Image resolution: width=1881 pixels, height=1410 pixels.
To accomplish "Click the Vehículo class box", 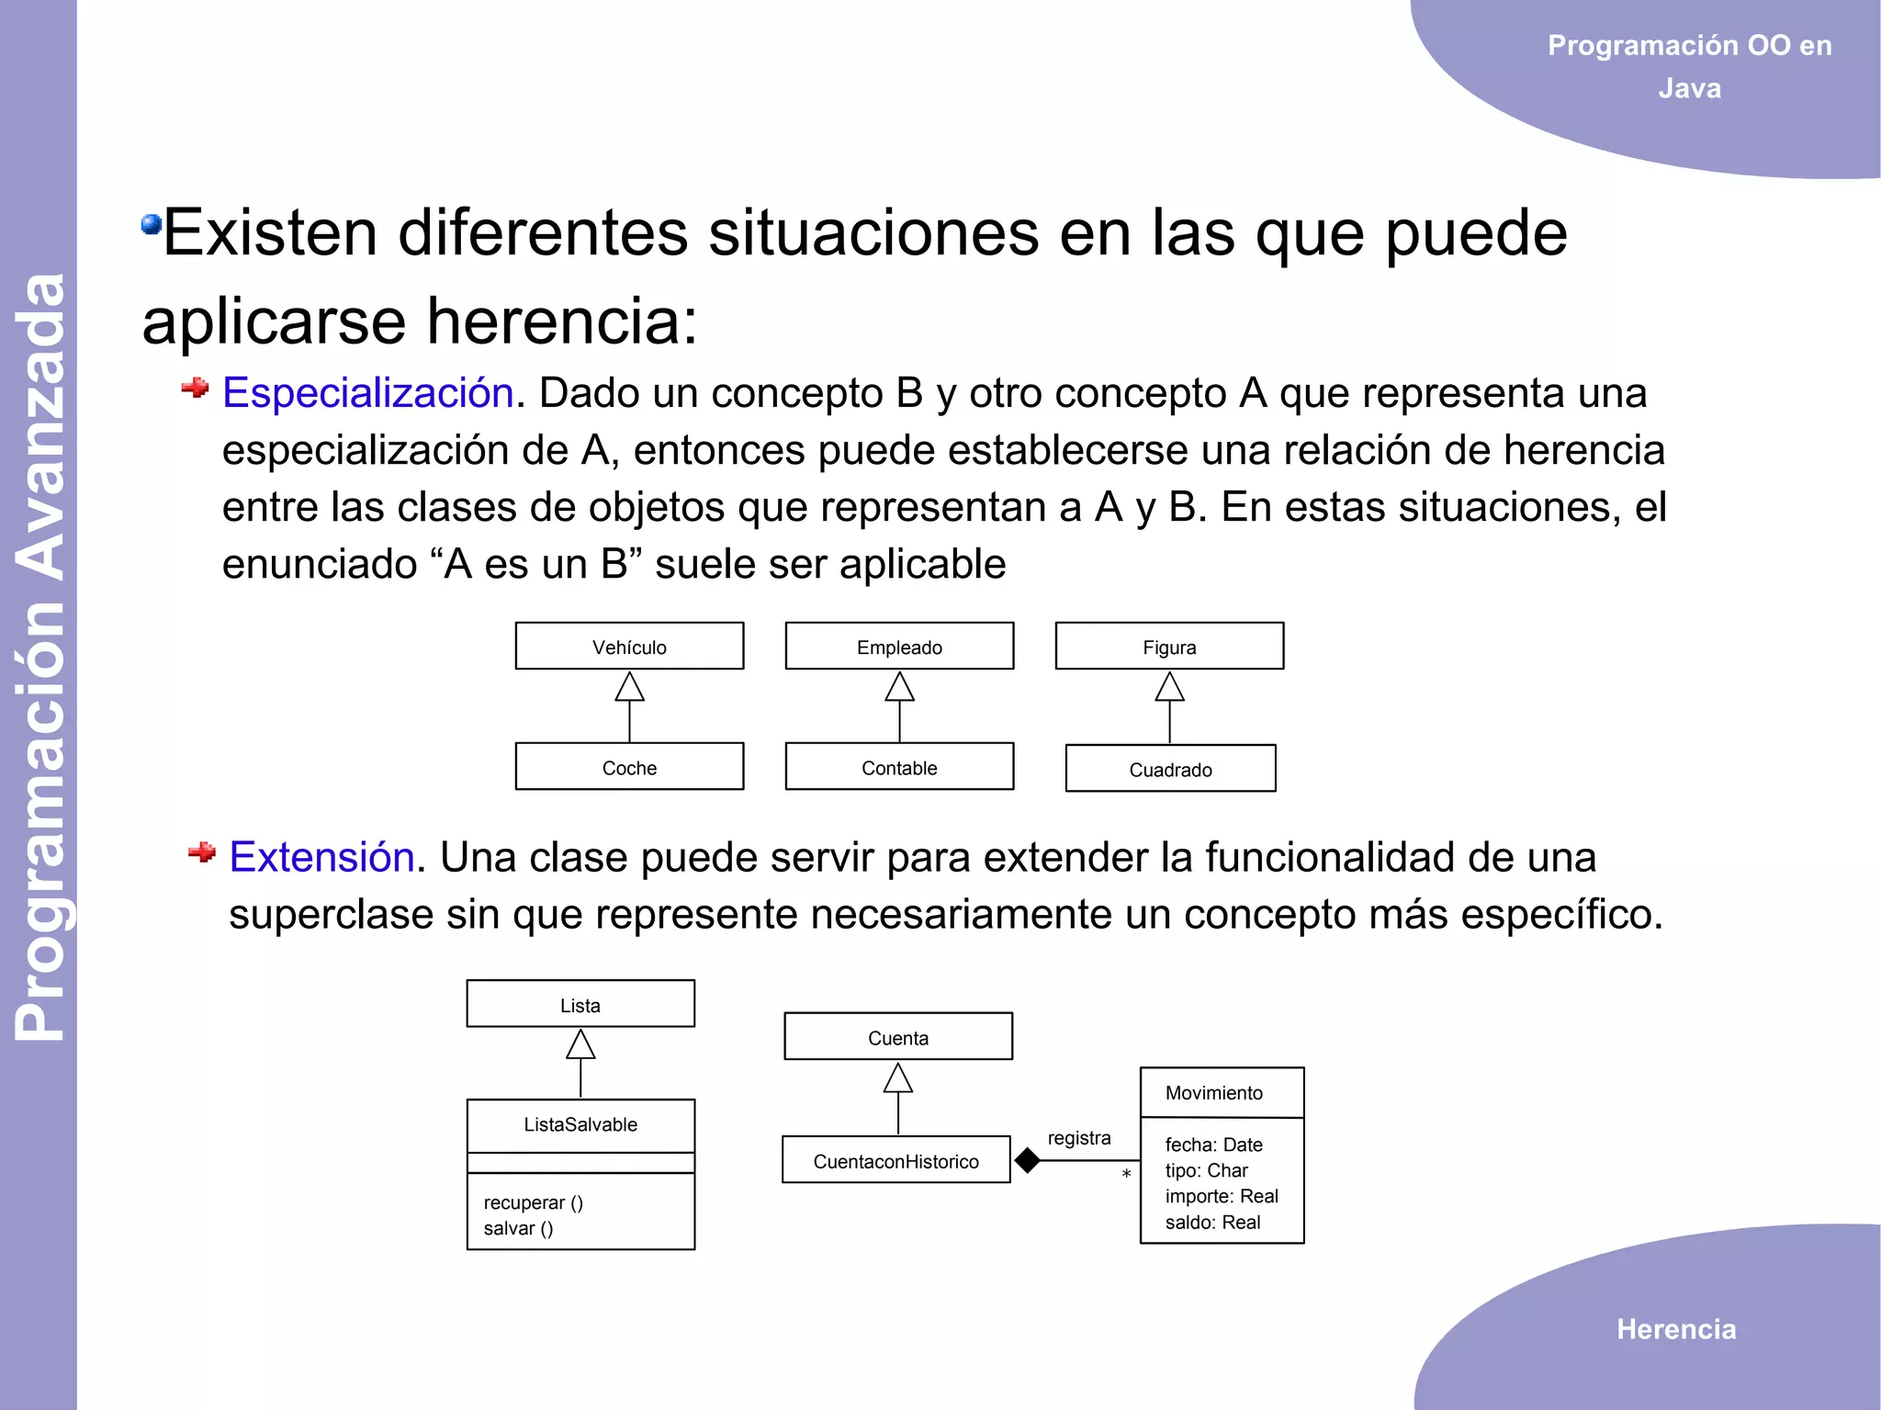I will pyautogui.click(x=629, y=647).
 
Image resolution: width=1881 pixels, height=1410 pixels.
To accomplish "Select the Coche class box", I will pyautogui.click(x=629, y=767).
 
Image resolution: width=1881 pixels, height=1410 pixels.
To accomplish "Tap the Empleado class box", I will pyautogui.click(x=899, y=647).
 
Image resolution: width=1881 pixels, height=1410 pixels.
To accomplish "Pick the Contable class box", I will pyautogui.click(x=899, y=767).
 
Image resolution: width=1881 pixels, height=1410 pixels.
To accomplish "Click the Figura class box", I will pyautogui.click(x=1169, y=647).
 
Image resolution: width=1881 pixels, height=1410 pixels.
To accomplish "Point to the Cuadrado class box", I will pyautogui.click(x=1170, y=769).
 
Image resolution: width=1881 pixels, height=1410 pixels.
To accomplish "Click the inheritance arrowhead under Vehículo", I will pyautogui.click(x=629, y=687).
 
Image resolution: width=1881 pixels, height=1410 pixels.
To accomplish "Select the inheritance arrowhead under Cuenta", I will pyautogui.click(x=898, y=1078).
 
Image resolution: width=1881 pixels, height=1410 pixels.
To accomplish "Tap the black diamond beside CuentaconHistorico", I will pyautogui.click(x=1027, y=1161).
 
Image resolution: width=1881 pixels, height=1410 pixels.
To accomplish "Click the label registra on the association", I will pyautogui.click(x=1079, y=1138).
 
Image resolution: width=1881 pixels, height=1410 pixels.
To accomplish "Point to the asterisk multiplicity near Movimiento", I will pyautogui.click(x=1126, y=1175).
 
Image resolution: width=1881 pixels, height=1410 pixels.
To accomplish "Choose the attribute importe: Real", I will pyautogui.click(x=1222, y=1196).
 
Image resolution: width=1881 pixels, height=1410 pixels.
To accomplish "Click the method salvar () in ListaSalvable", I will pyautogui.click(x=518, y=1228).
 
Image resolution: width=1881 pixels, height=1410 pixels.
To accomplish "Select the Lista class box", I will pyautogui.click(x=580, y=1005).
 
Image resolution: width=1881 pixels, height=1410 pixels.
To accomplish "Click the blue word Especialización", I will pyautogui.click(x=367, y=393).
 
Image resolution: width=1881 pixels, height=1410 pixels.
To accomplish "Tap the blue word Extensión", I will pyautogui.click(x=321, y=857).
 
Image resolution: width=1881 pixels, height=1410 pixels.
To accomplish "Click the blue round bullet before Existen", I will pyautogui.click(x=151, y=224).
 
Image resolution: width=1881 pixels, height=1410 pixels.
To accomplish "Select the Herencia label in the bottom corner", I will pyautogui.click(x=1676, y=1329).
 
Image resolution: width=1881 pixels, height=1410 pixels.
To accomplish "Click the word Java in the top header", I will pyautogui.click(x=1689, y=88).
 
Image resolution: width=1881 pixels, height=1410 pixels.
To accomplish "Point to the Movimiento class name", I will pyautogui.click(x=1213, y=1092).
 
